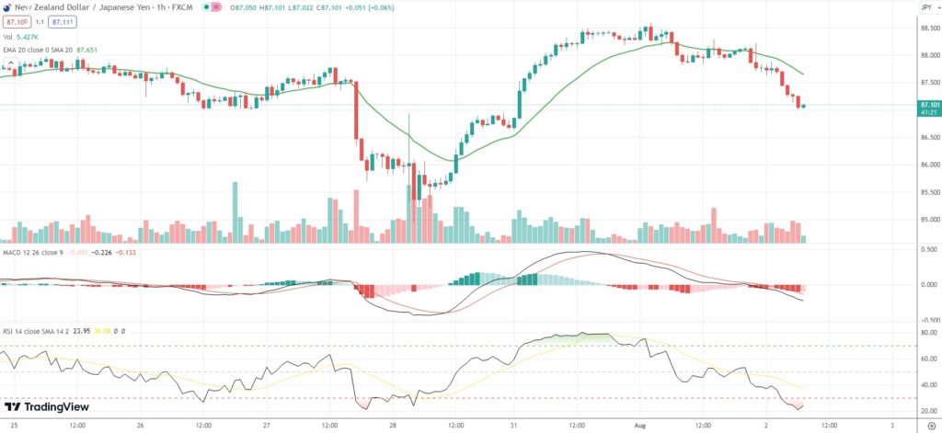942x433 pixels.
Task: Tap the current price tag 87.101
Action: (928, 106)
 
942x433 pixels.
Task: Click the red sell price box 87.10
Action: (16, 20)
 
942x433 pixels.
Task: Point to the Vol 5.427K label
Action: (26, 36)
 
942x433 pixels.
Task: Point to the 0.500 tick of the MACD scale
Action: (927, 249)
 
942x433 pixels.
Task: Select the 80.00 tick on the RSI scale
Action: (927, 332)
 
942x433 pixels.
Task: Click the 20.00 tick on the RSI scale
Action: (927, 411)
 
